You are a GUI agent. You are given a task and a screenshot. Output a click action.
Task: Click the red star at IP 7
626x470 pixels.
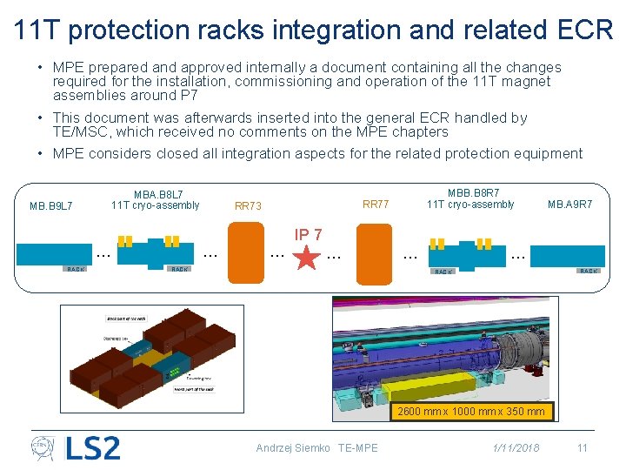(307, 259)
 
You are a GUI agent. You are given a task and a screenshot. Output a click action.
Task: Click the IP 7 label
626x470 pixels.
(308, 235)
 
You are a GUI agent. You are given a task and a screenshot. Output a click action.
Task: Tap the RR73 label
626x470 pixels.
(248, 206)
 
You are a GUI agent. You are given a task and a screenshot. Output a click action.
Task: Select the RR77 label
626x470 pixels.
(376, 205)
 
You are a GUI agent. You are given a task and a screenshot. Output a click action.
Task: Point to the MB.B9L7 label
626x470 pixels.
(50, 206)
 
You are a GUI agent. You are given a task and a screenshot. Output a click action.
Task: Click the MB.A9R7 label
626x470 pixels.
(569, 205)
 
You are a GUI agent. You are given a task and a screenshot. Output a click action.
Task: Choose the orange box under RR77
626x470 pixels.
(375, 252)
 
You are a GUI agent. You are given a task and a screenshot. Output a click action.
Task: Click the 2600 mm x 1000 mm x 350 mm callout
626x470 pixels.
(471, 412)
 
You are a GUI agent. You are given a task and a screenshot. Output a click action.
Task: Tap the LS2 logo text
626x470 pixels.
(92, 448)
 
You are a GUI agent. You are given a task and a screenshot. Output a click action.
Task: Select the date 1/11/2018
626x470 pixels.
(516, 448)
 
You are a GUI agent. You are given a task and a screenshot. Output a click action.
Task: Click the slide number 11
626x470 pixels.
(583, 448)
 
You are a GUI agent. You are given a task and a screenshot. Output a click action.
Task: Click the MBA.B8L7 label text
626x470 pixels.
(158, 193)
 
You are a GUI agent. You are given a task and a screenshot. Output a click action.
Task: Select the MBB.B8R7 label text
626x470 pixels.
(473, 192)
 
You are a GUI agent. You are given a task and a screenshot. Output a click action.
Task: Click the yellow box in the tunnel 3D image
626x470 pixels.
(432, 387)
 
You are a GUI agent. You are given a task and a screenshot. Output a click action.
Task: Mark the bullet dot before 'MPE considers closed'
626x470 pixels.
(41, 154)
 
